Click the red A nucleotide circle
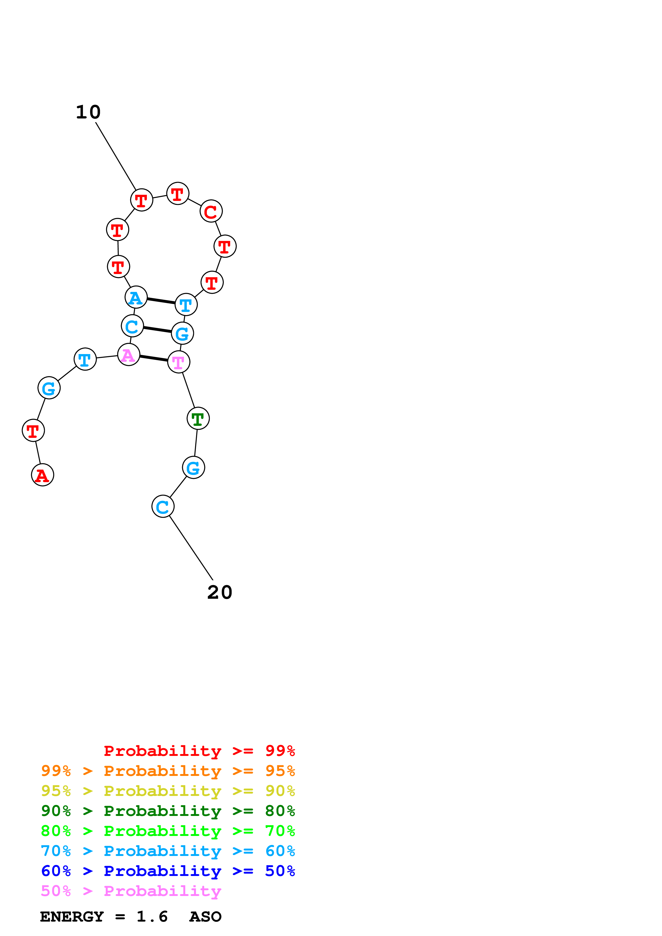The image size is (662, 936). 42,475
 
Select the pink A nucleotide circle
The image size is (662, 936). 128,355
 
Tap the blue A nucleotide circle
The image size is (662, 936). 136,297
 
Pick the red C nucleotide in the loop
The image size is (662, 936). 211,211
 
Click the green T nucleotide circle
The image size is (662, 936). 198,418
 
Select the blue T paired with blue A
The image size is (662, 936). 186,304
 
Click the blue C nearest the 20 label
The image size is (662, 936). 163,506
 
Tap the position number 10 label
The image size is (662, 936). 88,112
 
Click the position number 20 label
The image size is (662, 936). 220,592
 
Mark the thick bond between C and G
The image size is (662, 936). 158,330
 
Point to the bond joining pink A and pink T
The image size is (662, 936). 154,358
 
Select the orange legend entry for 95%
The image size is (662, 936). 168,771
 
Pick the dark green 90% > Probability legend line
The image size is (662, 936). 168,811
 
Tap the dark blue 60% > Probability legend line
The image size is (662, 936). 168,871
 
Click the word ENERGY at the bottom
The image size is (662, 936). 72,917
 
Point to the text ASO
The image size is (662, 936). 205,917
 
